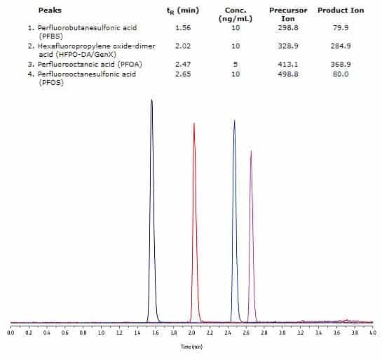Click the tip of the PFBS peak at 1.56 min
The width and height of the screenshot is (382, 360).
point(151,100)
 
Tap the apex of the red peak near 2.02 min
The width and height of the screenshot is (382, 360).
point(194,124)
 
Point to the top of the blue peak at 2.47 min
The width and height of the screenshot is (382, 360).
point(234,121)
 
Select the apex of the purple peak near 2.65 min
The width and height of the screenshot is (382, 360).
point(251,151)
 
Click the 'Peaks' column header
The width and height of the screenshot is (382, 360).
point(50,11)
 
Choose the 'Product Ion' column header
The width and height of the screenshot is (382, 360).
point(341,11)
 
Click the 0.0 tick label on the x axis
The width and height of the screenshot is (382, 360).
point(11,333)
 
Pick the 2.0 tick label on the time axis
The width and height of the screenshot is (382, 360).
point(191,333)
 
